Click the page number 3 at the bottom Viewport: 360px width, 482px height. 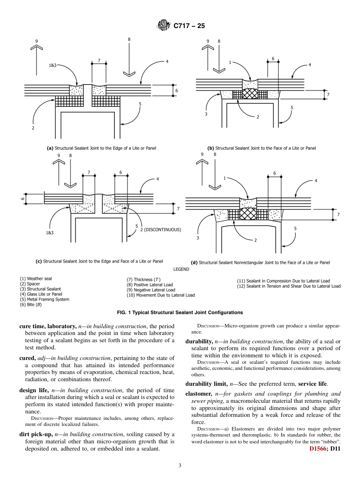point(180,465)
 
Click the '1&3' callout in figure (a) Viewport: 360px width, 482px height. point(52,66)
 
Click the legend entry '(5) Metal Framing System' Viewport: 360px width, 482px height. point(45,299)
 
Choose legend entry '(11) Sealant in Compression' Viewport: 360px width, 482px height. point(283,281)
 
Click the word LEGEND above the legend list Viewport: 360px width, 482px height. point(181,269)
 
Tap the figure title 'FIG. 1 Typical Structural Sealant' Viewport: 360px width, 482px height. point(180,313)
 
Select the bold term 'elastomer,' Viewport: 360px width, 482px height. point(199,394)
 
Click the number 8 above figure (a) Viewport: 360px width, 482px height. point(129,39)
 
